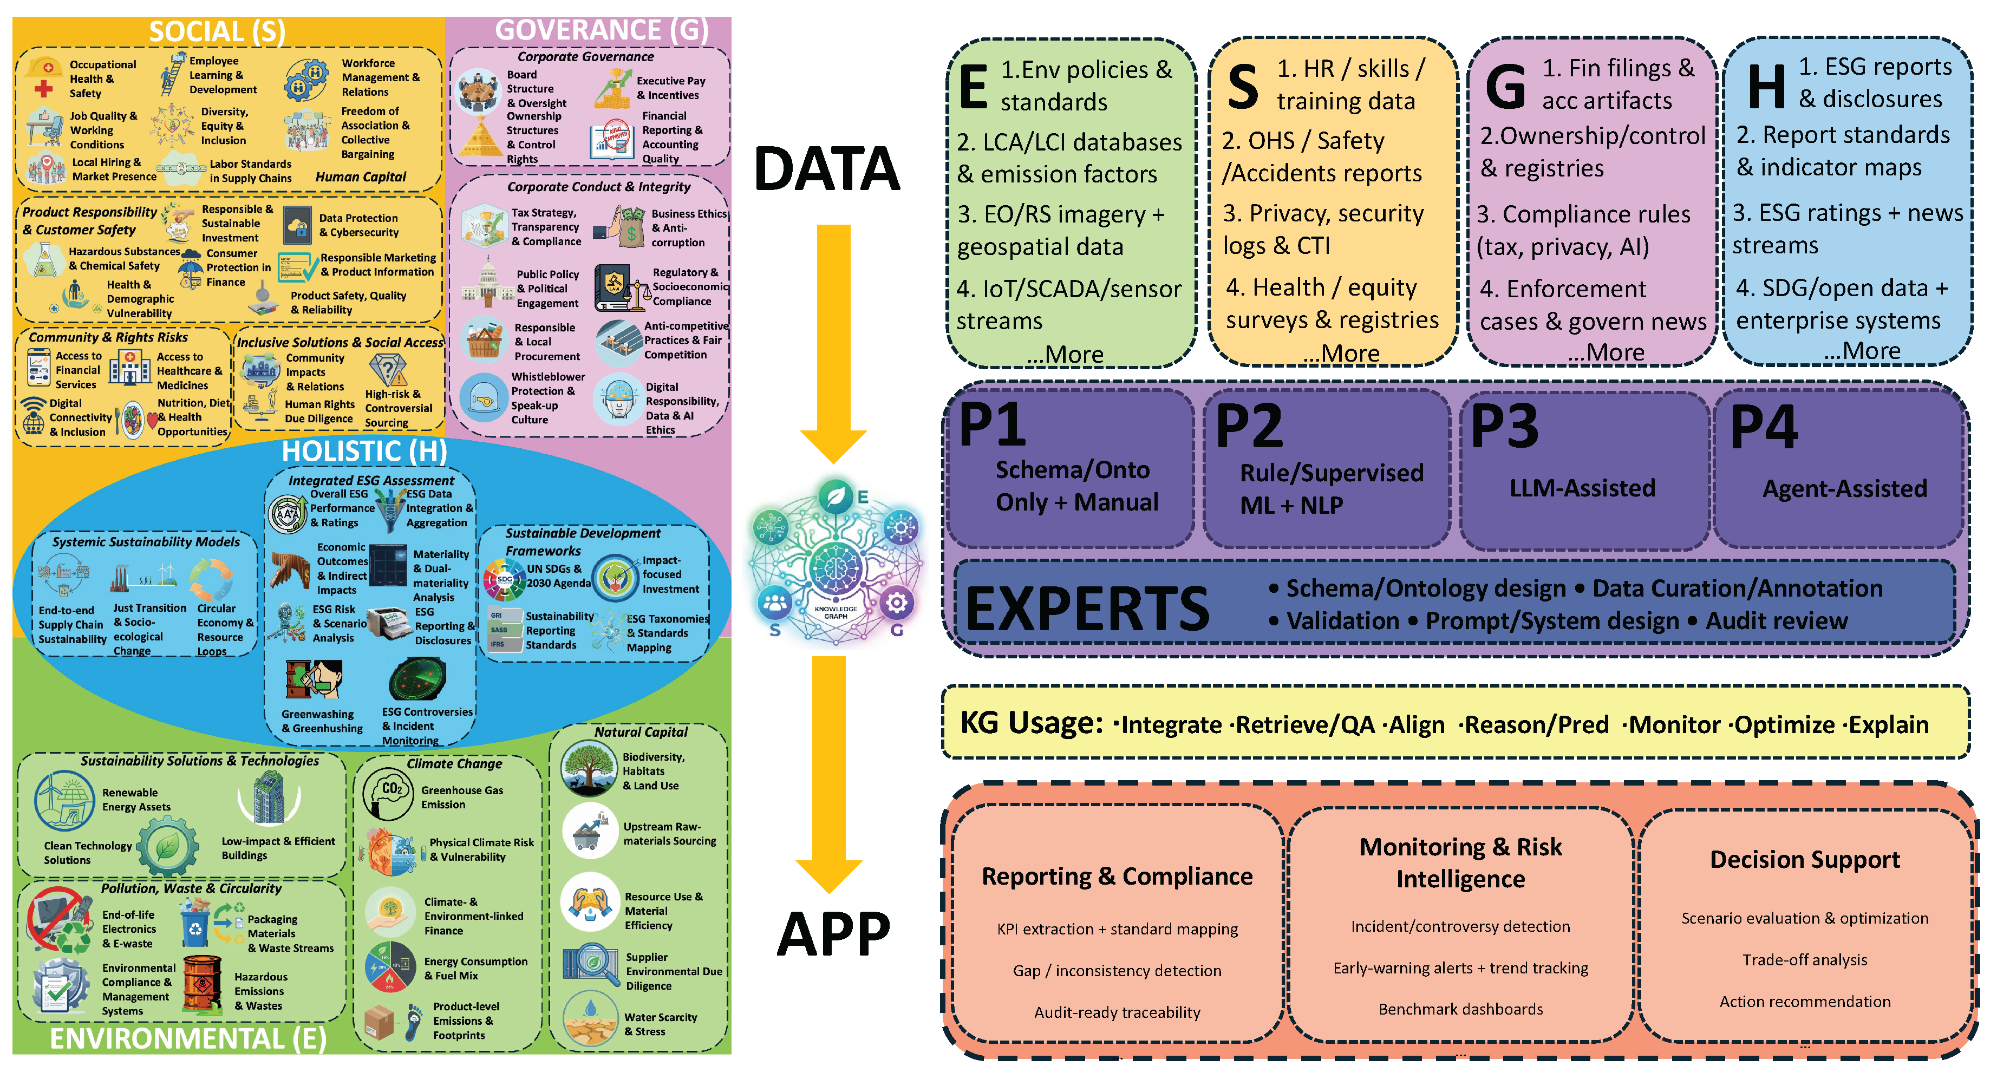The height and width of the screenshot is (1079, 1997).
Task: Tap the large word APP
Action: point(833,935)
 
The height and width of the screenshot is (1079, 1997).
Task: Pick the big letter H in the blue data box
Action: point(1767,87)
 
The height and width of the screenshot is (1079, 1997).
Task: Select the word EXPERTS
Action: point(1086,609)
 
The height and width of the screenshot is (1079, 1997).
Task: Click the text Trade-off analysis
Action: point(1804,960)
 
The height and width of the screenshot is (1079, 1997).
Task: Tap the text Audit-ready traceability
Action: point(1117,1012)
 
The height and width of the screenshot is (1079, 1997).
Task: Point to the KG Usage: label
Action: point(1030,723)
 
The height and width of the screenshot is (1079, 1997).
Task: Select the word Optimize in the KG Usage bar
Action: point(1784,725)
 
